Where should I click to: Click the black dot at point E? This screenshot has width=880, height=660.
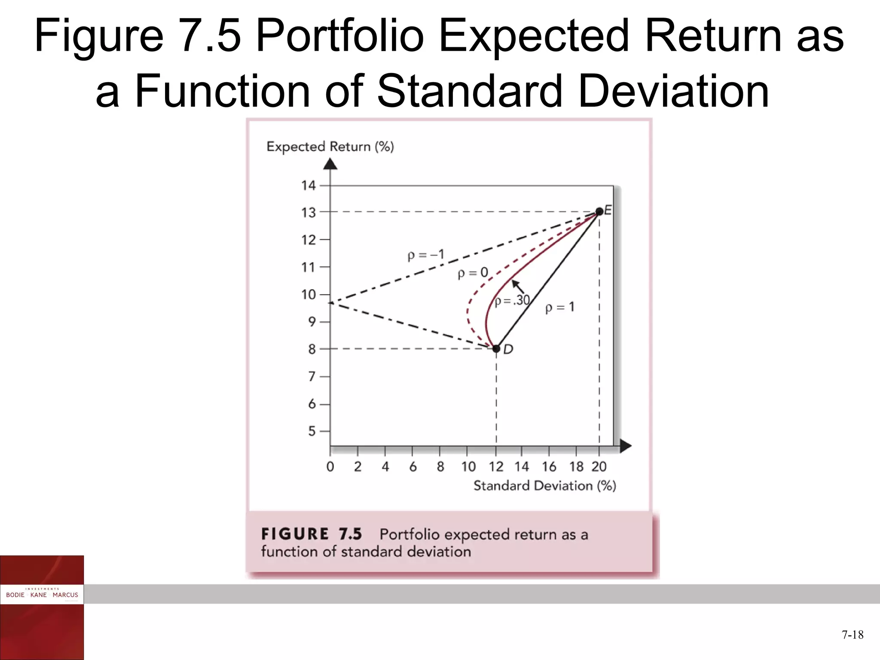pyautogui.click(x=599, y=211)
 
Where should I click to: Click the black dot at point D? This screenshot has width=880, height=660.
pyautogui.click(x=496, y=348)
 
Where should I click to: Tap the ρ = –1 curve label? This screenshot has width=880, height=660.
pyautogui.click(x=426, y=255)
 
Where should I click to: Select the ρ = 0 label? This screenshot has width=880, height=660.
pyautogui.click(x=473, y=273)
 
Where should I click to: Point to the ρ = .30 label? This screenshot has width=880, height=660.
pyautogui.click(x=512, y=300)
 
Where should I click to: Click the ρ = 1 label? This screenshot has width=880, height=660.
pyautogui.click(x=559, y=307)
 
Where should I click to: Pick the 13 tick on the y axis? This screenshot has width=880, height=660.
pyautogui.click(x=309, y=213)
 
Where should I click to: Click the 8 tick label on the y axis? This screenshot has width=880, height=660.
pyautogui.click(x=312, y=349)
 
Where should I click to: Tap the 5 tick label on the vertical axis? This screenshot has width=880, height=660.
pyautogui.click(x=312, y=431)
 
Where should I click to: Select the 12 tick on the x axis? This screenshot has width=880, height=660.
pyautogui.click(x=496, y=467)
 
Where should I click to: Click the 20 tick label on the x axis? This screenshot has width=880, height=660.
pyautogui.click(x=599, y=467)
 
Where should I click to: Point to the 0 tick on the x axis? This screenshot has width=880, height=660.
pyautogui.click(x=330, y=467)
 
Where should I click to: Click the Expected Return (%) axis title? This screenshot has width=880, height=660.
pyautogui.click(x=330, y=147)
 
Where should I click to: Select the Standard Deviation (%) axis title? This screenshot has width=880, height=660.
pyautogui.click(x=544, y=486)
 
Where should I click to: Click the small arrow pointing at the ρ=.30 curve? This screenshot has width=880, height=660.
pyautogui.click(x=518, y=287)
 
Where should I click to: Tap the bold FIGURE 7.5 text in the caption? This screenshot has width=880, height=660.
pyautogui.click(x=312, y=534)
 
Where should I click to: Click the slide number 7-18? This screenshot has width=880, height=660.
pyautogui.click(x=852, y=635)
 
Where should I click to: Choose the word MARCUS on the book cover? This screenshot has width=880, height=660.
pyautogui.click(x=65, y=595)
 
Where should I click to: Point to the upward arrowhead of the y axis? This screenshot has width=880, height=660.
pyautogui.click(x=330, y=164)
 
